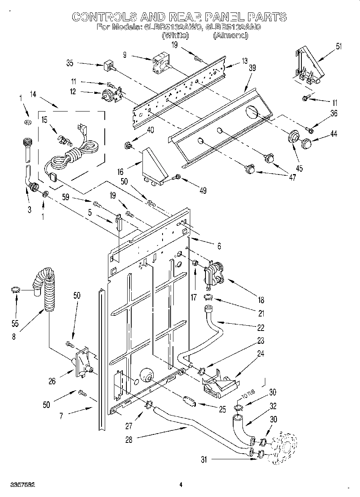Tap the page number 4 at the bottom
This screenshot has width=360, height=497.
click(x=181, y=485)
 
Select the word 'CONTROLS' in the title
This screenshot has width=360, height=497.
click(x=104, y=16)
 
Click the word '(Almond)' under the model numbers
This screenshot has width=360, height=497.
click(x=230, y=35)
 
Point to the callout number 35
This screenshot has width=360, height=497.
click(x=70, y=63)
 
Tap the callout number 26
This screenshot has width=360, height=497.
click(x=52, y=381)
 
